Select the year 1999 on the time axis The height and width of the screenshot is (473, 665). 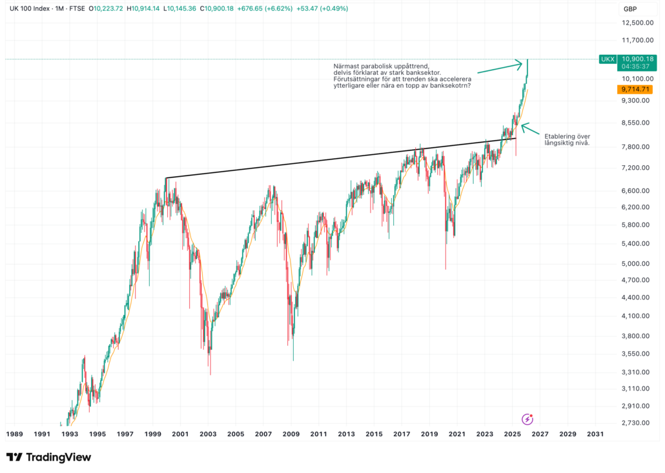tap(152, 434)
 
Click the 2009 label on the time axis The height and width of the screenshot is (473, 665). tap(291, 434)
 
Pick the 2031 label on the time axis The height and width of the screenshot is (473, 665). tap(596, 434)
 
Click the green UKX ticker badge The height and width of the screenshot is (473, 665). tap(608, 59)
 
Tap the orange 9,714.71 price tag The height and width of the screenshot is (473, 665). tap(634, 90)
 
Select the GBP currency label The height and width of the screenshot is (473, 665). tap(630, 9)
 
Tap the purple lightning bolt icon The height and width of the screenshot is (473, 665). tap(527, 419)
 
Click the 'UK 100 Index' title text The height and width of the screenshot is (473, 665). tap(31, 9)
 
